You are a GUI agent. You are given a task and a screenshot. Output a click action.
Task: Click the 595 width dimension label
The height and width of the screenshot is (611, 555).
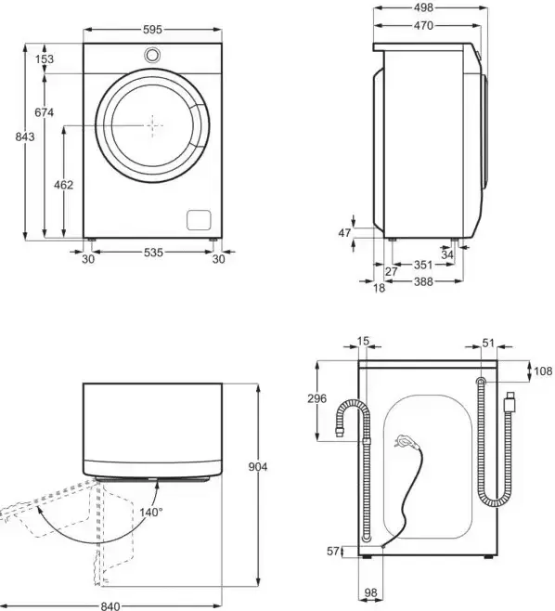pos(153,29)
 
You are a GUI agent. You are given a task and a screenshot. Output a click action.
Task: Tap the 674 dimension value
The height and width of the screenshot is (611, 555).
pos(44,112)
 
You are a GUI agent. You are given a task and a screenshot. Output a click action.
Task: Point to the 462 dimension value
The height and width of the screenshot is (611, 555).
pos(63,185)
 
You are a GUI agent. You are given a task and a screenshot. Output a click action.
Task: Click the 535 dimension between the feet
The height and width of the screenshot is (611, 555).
pos(153,252)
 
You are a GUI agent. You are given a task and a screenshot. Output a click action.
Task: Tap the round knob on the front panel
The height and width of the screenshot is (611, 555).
pos(152,56)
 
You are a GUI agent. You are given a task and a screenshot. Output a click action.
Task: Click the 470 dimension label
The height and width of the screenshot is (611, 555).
pos(423,27)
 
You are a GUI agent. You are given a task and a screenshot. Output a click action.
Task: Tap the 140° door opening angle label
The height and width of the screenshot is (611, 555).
pos(151,512)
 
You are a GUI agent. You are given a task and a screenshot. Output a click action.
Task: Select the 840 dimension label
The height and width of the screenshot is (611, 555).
pos(111,605)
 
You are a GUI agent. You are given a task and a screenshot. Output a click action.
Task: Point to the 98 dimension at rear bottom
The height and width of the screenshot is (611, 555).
pos(369,591)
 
